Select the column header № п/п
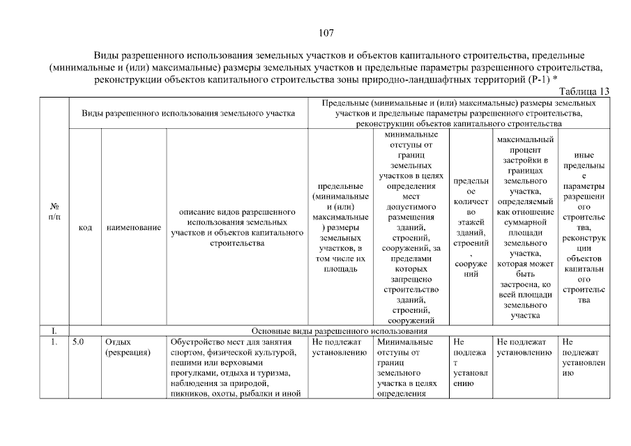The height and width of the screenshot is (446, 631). click(x=54, y=212)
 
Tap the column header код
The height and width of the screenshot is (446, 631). click(x=85, y=227)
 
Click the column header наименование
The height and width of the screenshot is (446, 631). click(x=134, y=227)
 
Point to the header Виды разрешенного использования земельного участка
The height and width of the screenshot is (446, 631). click(x=188, y=112)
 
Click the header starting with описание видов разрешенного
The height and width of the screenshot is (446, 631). click(x=236, y=227)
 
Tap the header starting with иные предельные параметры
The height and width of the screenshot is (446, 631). click(x=584, y=227)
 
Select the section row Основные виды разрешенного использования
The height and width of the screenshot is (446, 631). click(x=338, y=331)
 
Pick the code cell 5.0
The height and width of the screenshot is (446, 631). click(x=79, y=342)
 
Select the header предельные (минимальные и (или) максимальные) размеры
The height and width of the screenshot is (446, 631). click(x=339, y=227)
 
